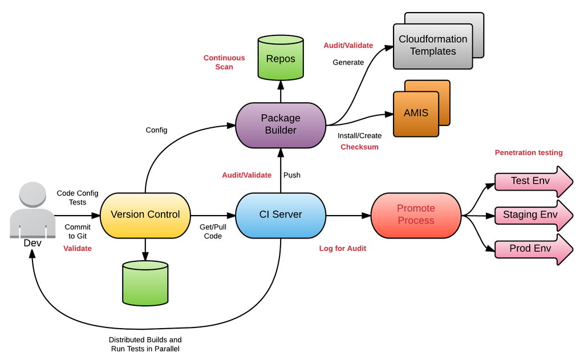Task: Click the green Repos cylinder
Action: tap(281, 58)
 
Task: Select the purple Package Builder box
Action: tap(281, 124)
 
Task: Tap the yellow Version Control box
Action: tap(145, 215)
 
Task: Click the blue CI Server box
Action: tap(281, 215)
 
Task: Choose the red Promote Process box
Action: tap(416, 215)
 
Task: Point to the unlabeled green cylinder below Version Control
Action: tap(145, 284)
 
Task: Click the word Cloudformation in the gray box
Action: tap(433, 39)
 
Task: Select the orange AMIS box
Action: tap(416, 113)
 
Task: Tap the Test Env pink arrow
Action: tap(530, 181)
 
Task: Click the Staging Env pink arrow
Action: tap(530, 215)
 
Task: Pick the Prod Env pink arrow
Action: tap(530, 249)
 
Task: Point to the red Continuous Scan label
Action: tap(224, 62)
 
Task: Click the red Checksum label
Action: tap(359, 147)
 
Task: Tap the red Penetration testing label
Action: tap(529, 152)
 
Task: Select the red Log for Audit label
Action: tap(343, 248)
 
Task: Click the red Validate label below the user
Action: tap(78, 249)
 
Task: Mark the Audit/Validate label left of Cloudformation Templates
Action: tap(348, 45)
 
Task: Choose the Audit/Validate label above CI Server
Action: tap(246, 175)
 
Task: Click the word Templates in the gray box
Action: tap(433, 51)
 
